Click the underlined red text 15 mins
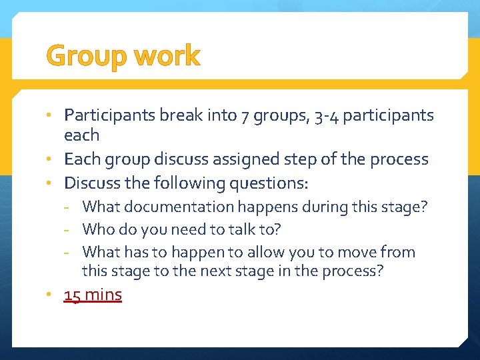point(93,295)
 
